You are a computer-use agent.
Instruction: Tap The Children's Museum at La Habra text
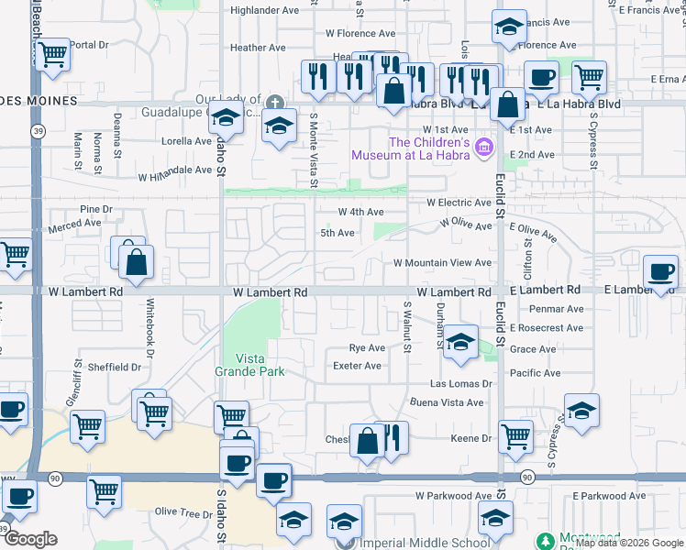(429, 148)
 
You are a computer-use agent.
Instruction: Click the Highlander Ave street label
(265, 10)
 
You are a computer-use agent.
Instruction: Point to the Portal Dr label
(89, 44)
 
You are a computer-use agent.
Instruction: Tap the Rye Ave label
(367, 348)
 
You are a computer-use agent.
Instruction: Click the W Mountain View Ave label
(442, 263)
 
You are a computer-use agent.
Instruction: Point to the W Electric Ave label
(459, 203)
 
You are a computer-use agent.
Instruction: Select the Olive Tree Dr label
(183, 512)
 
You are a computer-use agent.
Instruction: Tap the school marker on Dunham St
(460, 341)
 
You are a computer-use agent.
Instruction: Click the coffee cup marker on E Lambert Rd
(660, 271)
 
